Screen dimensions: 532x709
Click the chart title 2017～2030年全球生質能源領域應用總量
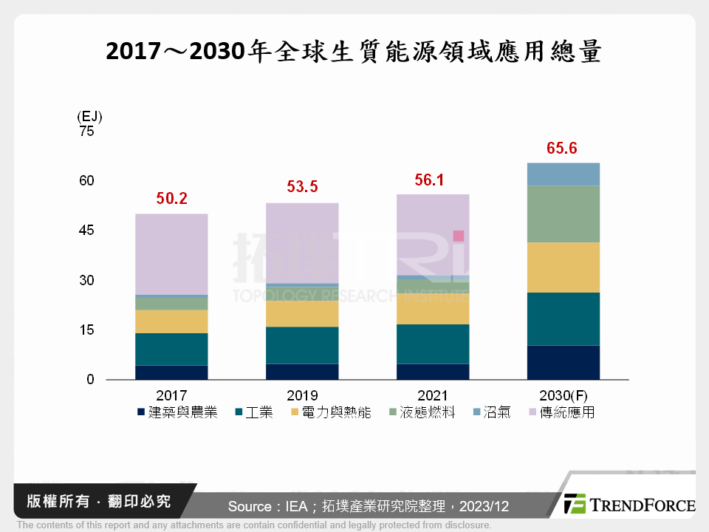click(354, 52)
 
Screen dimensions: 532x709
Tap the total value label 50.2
click(171, 199)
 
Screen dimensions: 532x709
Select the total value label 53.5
click(302, 187)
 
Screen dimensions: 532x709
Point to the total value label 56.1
click(432, 180)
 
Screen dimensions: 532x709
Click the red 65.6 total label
click(562, 149)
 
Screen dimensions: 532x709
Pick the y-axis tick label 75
click(87, 132)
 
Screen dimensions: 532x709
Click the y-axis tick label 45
click(87, 231)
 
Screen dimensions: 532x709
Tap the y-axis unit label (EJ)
click(89, 117)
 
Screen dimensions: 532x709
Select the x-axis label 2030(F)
click(563, 395)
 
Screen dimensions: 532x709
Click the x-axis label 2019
click(302, 395)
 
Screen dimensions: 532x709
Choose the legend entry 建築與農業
click(177, 412)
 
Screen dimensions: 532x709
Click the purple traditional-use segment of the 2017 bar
click(171, 254)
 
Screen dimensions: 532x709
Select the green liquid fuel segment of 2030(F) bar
click(562, 214)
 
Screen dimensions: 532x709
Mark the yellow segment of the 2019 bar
click(302, 313)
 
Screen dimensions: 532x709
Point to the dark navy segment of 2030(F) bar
click(562, 362)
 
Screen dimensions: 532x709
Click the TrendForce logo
click(628, 505)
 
